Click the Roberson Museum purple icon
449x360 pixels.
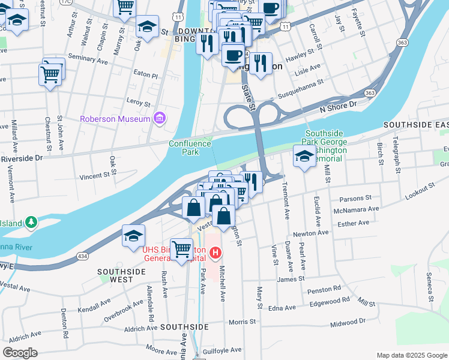pos(159,118)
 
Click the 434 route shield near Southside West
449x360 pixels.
pos(80,256)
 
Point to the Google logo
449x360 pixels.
pos(20,352)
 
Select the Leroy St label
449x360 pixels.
pos(137,103)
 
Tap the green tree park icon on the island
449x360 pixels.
pos(31,223)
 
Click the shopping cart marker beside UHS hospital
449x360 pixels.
pos(181,249)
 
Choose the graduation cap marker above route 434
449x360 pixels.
pos(133,235)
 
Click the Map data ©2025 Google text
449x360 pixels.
pos(411,355)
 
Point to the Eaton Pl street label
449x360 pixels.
pos(145,76)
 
